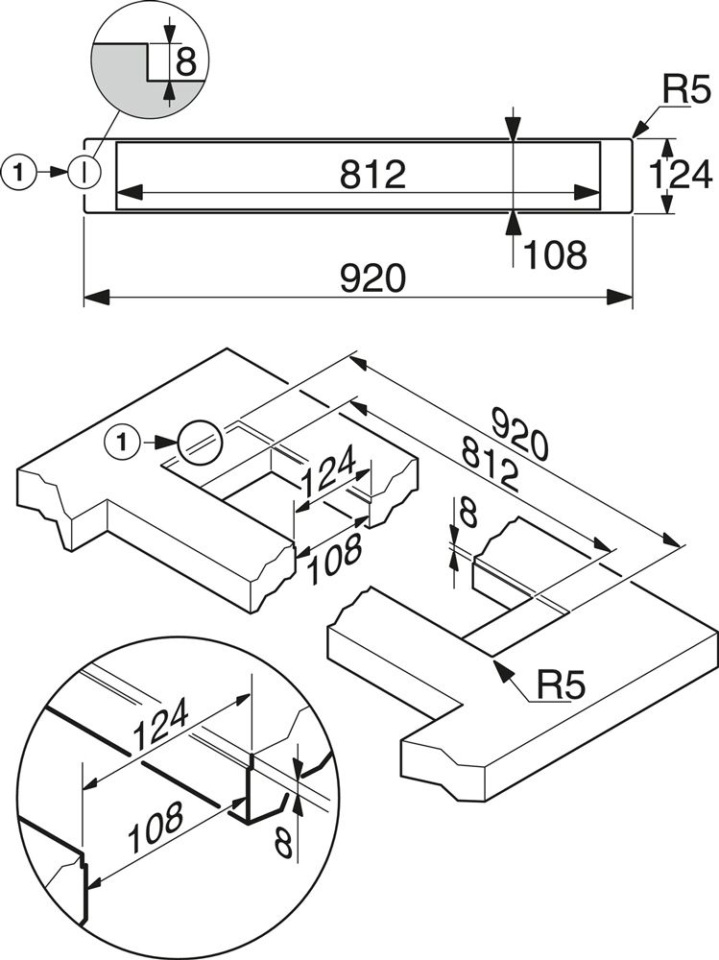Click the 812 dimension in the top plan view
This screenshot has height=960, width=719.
pyautogui.click(x=372, y=174)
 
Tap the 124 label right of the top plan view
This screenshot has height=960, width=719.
pyautogui.click(x=680, y=175)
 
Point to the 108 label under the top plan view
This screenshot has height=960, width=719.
pyautogui.click(x=554, y=255)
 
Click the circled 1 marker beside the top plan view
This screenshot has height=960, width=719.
pyautogui.click(x=20, y=172)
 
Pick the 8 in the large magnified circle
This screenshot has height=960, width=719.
pyautogui.click(x=282, y=844)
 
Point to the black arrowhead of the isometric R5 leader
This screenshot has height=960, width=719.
pyautogui.click(x=500, y=668)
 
